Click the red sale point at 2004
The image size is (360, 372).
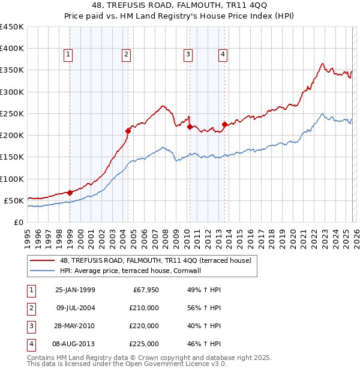click(x=128, y=131)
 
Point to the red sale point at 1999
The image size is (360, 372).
click(x=70, y=193)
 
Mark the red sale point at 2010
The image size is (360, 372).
click(x=190, y=127)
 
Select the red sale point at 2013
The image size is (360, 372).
click(x=224, y=125)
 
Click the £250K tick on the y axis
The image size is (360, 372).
click(x=12, y=113)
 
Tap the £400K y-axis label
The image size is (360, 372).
click(x=12, y=49)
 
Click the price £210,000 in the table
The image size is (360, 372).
click(x=145, y=308)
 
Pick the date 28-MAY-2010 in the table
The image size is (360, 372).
click(x=75, y=326)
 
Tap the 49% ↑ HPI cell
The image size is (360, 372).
click(x=204, y=290)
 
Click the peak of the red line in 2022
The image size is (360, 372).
click(x=323, y=63)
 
